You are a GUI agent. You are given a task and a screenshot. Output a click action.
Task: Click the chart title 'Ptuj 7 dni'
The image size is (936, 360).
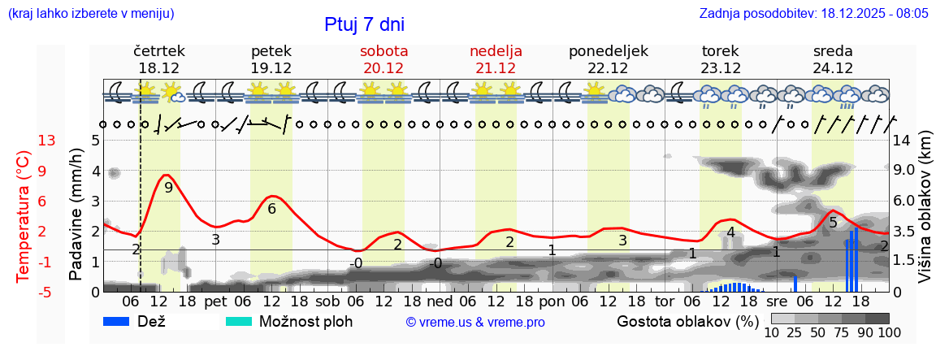364,24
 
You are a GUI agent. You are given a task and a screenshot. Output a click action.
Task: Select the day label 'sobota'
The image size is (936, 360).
383,50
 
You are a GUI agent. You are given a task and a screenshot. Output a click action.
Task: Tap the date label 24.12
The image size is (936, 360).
833,68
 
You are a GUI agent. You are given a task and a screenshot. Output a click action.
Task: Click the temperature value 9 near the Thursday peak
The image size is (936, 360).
168,188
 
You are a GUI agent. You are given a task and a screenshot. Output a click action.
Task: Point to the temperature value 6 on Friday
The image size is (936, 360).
271,209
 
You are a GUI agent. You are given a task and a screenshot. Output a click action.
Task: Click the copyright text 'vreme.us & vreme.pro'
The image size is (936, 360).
475,323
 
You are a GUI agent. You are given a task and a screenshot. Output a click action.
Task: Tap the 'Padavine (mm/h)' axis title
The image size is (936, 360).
76,215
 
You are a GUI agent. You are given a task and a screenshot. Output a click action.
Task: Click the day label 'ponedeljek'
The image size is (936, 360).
608,50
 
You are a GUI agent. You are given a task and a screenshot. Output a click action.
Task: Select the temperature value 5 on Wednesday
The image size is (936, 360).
833,222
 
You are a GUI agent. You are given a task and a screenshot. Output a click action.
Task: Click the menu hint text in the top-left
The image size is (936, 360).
90,14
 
